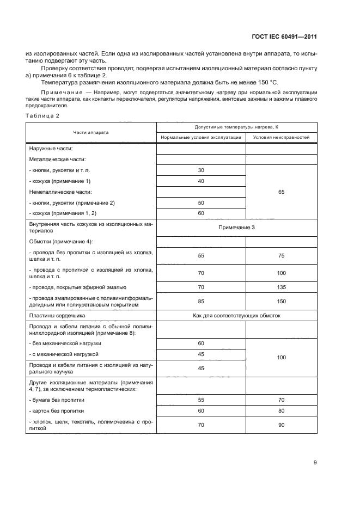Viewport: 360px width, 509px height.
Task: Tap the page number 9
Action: [x=315, y=463]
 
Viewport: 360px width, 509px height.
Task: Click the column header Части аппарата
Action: [x=91, y=132]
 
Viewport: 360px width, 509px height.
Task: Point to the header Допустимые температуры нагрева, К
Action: [x=236, y=127]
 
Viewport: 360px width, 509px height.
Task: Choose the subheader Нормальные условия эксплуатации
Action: [x=201, y=138]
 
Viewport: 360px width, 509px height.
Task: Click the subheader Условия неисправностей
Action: [x=281, y=138]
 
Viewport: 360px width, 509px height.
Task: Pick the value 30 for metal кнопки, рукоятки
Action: [x=201, y=170]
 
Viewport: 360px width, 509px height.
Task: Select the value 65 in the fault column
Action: [x=281, y=192]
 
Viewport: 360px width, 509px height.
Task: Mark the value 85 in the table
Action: [x=201, y=301]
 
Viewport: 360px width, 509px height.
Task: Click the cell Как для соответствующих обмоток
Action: [x=236, y=315]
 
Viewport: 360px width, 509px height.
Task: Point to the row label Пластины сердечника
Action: [x=52, y=315]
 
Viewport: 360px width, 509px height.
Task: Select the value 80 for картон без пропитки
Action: [x=281, y=410]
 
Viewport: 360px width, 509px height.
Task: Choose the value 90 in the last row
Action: [x=281, y=425]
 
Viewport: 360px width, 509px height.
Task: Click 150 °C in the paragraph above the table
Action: [x=266, y=82]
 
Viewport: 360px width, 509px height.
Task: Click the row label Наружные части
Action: [x=51, y=149]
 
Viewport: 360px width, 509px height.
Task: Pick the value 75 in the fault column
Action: [x=281, y=255]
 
